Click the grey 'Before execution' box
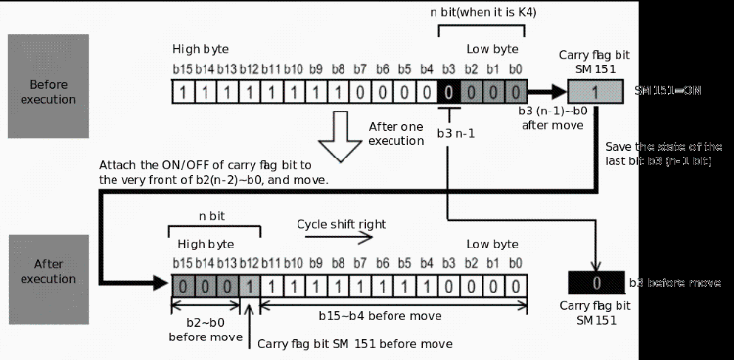pyautogui.click(x=48, y=85)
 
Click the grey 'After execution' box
pyautogui.click(x=48, y=271)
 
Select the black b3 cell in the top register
pyautogui.click(x=447, y=92)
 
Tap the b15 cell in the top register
pyautogui.click(x=182, y=92)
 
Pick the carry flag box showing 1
pyautogui.click(x=594, y=92)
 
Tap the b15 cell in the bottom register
pyautogui.click(x=182, y=285)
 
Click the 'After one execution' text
pyautogui.click(x=396, y=134)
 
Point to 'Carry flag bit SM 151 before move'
pyautogui.click(x=354, y=343)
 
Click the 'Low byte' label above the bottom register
pyautogui.click(x=490, y=243)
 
